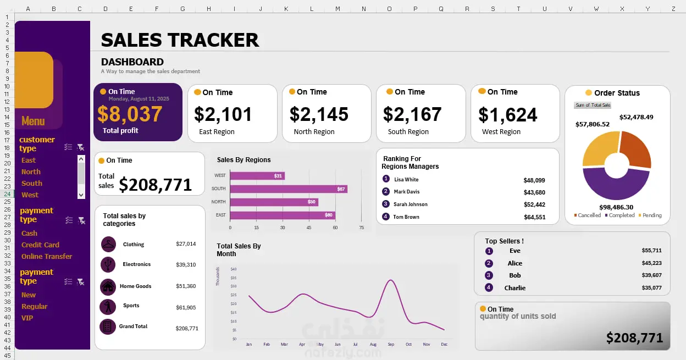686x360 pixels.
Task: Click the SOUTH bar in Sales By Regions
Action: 288,189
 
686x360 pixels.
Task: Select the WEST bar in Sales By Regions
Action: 257,176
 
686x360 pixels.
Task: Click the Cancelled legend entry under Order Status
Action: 589,215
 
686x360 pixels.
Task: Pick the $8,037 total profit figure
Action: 130,114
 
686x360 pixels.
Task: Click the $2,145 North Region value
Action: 319,114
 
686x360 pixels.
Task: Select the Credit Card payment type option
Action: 40,245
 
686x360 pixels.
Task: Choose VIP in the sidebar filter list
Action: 27,318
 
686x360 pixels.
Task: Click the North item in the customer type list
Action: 31,172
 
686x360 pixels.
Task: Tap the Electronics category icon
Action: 108,264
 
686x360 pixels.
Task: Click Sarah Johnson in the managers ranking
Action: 410,204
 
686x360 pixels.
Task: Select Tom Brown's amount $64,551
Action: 534,217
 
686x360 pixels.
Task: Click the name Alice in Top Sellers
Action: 515,263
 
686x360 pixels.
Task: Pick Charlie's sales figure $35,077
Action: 651,288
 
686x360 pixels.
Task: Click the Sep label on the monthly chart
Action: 391,345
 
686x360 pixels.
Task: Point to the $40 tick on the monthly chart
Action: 233,269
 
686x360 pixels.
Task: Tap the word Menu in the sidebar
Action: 33,121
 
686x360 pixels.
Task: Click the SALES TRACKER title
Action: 180,40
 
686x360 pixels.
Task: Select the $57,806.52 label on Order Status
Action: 593,124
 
